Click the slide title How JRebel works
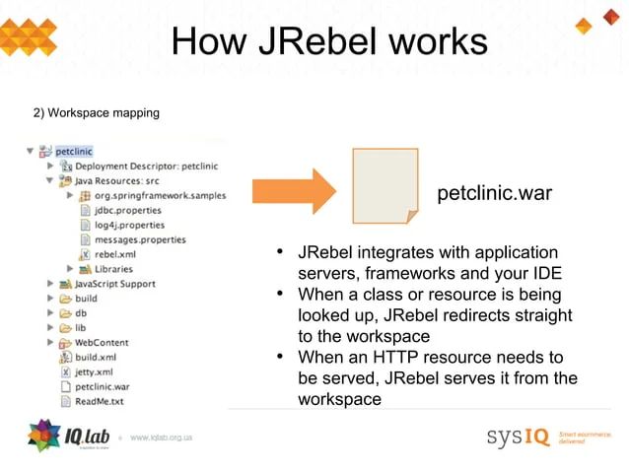[328, 42]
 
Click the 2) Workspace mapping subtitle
[97, 113]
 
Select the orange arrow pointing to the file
[295, 191]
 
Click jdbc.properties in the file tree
[128, 210]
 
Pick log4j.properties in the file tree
[129, 225]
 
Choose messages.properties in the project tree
[140, 239]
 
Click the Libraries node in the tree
[113, 268]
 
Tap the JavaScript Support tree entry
[115, 284]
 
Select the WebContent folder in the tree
[102, 342]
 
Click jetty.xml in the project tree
[94, 371]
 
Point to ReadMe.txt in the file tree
[99, 401]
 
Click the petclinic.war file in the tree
[103, 386]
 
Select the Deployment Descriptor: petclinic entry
[147, 167]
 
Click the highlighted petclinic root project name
[74, 152]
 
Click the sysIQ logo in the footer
[517, 436]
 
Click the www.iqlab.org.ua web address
[161, 437]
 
